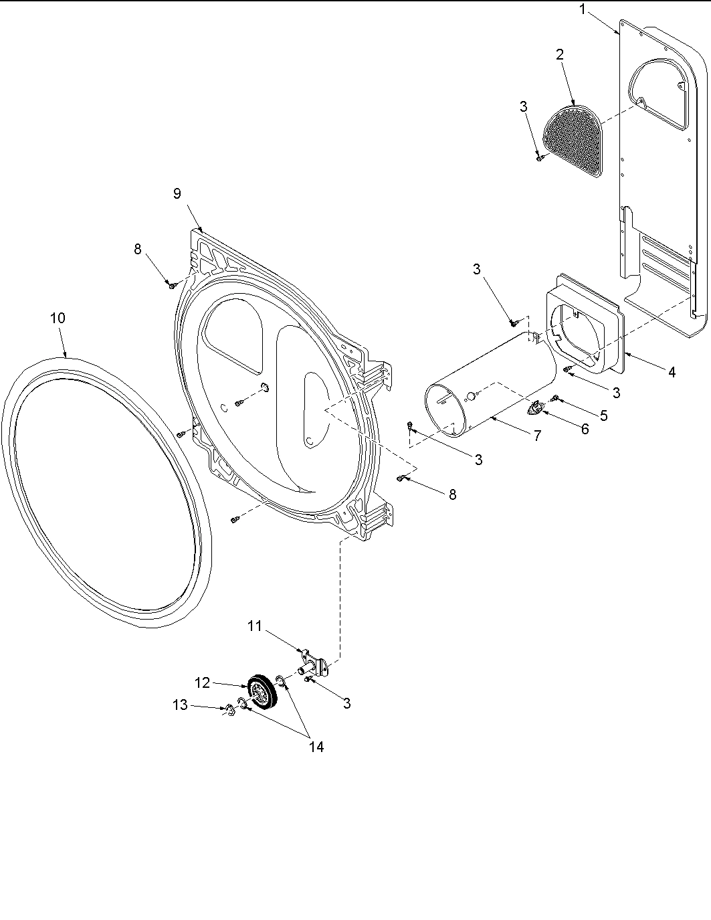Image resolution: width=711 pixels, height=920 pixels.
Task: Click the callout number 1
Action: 583,9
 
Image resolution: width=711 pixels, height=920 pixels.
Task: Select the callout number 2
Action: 559,55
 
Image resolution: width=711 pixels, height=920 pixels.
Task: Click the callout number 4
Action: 672,371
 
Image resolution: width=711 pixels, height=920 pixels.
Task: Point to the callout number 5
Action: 603,415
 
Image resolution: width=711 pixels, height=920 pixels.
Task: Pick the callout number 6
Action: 585,429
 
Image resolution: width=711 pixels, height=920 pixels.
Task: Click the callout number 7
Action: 536,436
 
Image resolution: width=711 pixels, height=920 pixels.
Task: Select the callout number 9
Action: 177,193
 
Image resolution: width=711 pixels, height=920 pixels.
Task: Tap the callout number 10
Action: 58,318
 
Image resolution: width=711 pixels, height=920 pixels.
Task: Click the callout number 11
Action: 254,626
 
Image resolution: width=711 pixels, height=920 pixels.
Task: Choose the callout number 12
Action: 203,682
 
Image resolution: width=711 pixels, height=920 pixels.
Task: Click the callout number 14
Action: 316,747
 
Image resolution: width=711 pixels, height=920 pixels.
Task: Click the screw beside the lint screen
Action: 539,158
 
